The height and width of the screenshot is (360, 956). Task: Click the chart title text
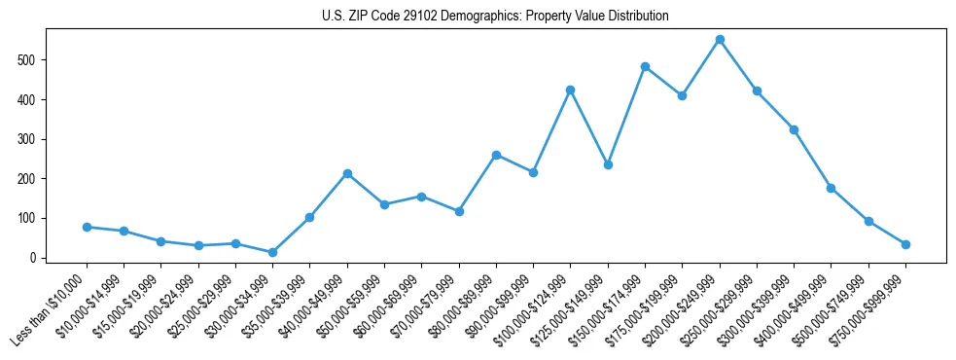495,17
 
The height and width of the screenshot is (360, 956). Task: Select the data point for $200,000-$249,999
720,40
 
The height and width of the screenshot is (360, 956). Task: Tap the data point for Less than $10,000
87,227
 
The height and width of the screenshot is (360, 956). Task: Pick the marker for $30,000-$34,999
272,253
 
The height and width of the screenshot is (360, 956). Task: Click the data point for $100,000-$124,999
571,90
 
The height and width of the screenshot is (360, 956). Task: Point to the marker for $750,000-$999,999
905,244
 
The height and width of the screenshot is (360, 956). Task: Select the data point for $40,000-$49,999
347,173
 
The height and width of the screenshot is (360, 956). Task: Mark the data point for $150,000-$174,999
645,66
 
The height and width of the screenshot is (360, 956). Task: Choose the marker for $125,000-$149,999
608,164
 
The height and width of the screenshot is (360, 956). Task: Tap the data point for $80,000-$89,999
496,155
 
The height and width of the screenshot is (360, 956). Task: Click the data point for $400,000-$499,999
831,188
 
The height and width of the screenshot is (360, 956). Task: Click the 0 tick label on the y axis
34,258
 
